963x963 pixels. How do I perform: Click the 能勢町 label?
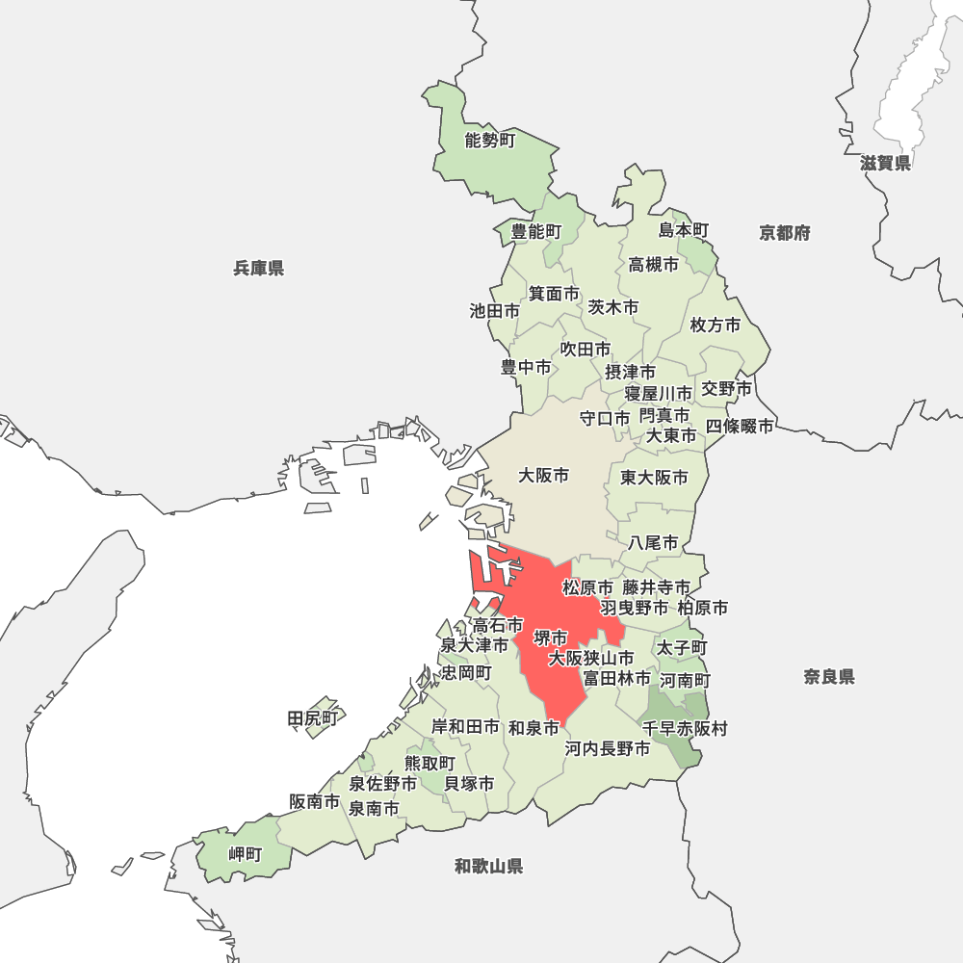click(490, 141)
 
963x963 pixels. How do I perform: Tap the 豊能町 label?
click(535, 231)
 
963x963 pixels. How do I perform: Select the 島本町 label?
click(684, 230)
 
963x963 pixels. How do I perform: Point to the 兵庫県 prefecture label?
click(258, 268)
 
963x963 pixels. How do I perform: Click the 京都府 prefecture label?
click(785, 232)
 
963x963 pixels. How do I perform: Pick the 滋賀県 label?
click(886, 163)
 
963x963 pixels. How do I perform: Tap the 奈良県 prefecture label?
click(829, 677)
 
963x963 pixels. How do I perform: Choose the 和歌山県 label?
click(489, 866)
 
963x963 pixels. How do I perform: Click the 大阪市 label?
click(544, 475)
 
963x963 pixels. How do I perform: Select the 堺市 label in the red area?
click(551, 638)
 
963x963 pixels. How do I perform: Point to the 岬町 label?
click(245, 854)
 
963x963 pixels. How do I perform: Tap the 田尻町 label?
click(314, 718)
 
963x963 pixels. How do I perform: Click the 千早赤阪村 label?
click(685, 729)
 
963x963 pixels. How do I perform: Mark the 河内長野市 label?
click(608, 748)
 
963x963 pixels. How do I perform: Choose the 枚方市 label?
click(716, 325)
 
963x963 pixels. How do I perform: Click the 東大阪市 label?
click(654, 478)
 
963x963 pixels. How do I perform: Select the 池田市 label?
click(494, 311)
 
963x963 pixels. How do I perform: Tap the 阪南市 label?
click(314, 801)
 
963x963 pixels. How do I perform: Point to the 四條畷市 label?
click(740, 426)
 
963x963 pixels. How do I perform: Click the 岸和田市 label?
click(465, 726)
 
